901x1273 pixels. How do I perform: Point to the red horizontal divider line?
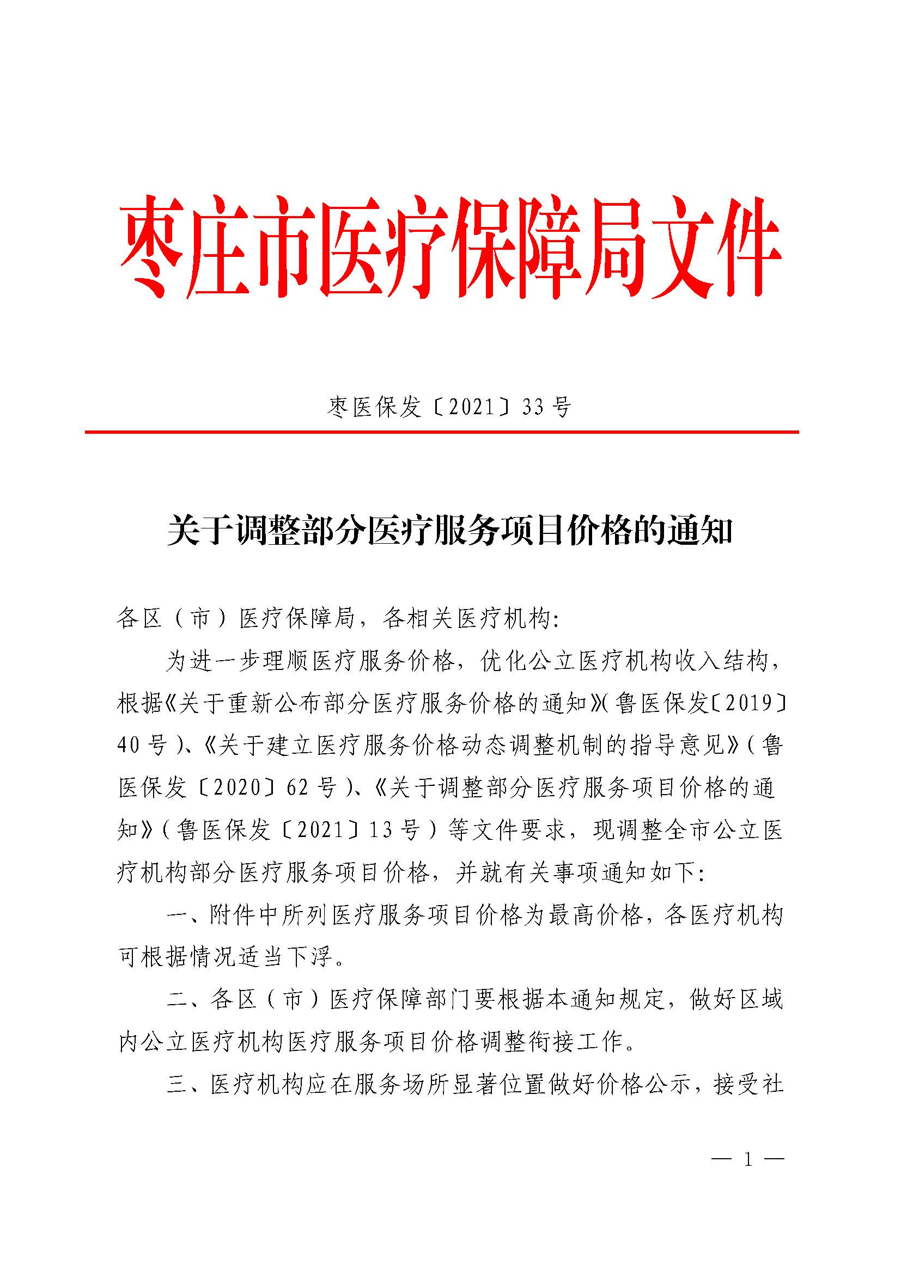pyautogui.click(x=442, y=432)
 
